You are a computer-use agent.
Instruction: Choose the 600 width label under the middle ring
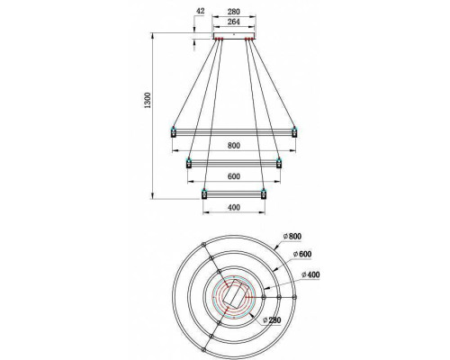233,176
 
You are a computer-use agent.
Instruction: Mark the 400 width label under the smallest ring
233,208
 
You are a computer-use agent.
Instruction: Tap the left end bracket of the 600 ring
188,163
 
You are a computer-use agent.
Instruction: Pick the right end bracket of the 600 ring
279,163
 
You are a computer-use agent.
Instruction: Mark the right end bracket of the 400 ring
264,193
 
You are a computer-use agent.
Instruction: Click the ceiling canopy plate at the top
233,36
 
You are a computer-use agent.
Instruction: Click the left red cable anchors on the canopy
217,39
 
